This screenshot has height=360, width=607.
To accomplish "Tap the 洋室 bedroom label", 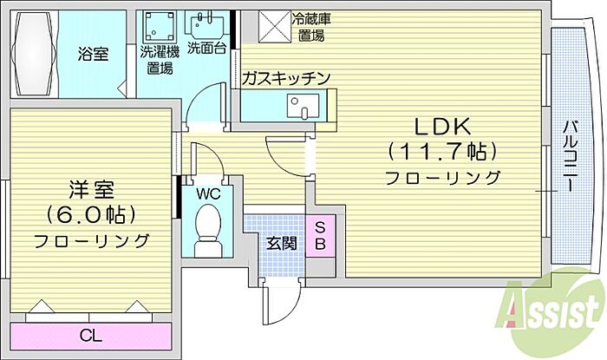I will point(90,188).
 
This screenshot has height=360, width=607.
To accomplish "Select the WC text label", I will point(209,193).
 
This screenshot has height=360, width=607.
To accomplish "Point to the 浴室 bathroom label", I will point(94,55).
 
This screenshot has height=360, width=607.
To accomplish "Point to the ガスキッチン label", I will point(286,79).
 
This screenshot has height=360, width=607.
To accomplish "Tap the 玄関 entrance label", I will point(274,242).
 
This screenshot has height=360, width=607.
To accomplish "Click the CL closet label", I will point(88,333).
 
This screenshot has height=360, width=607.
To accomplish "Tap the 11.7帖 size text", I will point(443,152).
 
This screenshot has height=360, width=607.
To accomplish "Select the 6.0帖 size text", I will point(90,214).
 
